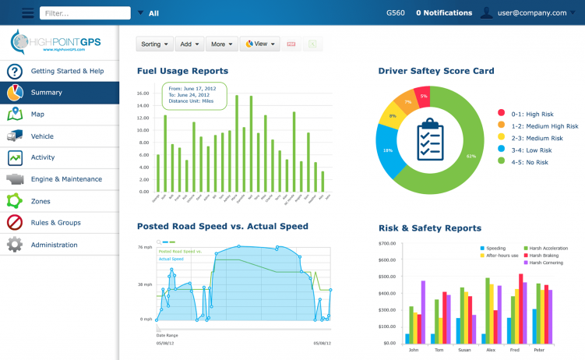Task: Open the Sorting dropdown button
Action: [x=155, y=44]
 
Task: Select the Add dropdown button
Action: [x=189, y=44]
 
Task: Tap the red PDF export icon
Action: [x=291, y=44]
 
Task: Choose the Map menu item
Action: [x=37, y=115]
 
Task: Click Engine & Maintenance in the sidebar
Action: [x=66, y=179]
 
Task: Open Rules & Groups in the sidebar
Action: [x=55, y=223]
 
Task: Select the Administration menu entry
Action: [x=54, y=245]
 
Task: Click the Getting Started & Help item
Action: [x=67, y=71]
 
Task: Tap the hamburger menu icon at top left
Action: [x=28, y=13]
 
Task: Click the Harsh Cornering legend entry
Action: [x=545, y=263]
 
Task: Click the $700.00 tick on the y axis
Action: [x=386, y=244]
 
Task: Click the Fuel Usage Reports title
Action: [x=182, y=71]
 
